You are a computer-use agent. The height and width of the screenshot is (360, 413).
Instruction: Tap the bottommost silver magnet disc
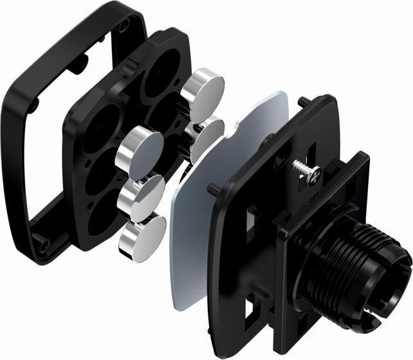click(142, 235)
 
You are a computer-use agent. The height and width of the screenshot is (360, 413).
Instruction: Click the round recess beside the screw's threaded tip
click(281, 159)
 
